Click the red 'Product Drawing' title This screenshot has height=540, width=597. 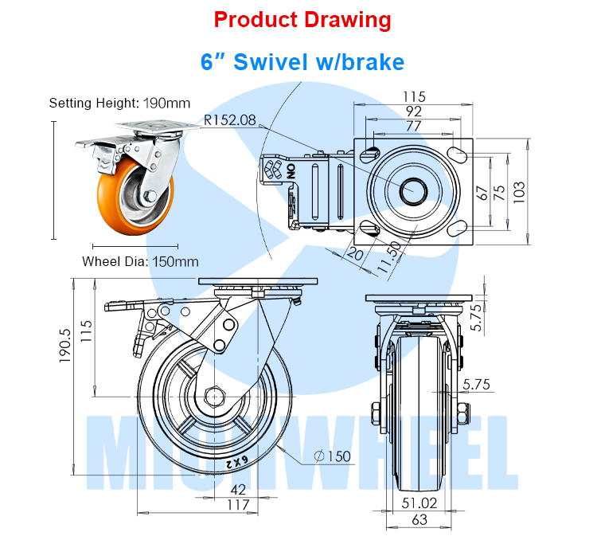coord(303,20)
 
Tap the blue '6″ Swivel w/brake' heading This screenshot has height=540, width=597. coord(302,61)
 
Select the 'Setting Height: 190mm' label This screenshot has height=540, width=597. coord(119,103)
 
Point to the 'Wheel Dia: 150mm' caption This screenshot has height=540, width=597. coord(140,260)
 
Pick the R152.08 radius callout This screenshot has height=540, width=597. coord(230,120)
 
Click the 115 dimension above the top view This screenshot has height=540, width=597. coord(414,96)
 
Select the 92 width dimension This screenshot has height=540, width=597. coord(414,111)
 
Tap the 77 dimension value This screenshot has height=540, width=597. coord(414,125)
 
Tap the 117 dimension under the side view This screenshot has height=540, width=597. coord(238,504)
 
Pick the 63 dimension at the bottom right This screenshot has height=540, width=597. coord(419,519)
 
